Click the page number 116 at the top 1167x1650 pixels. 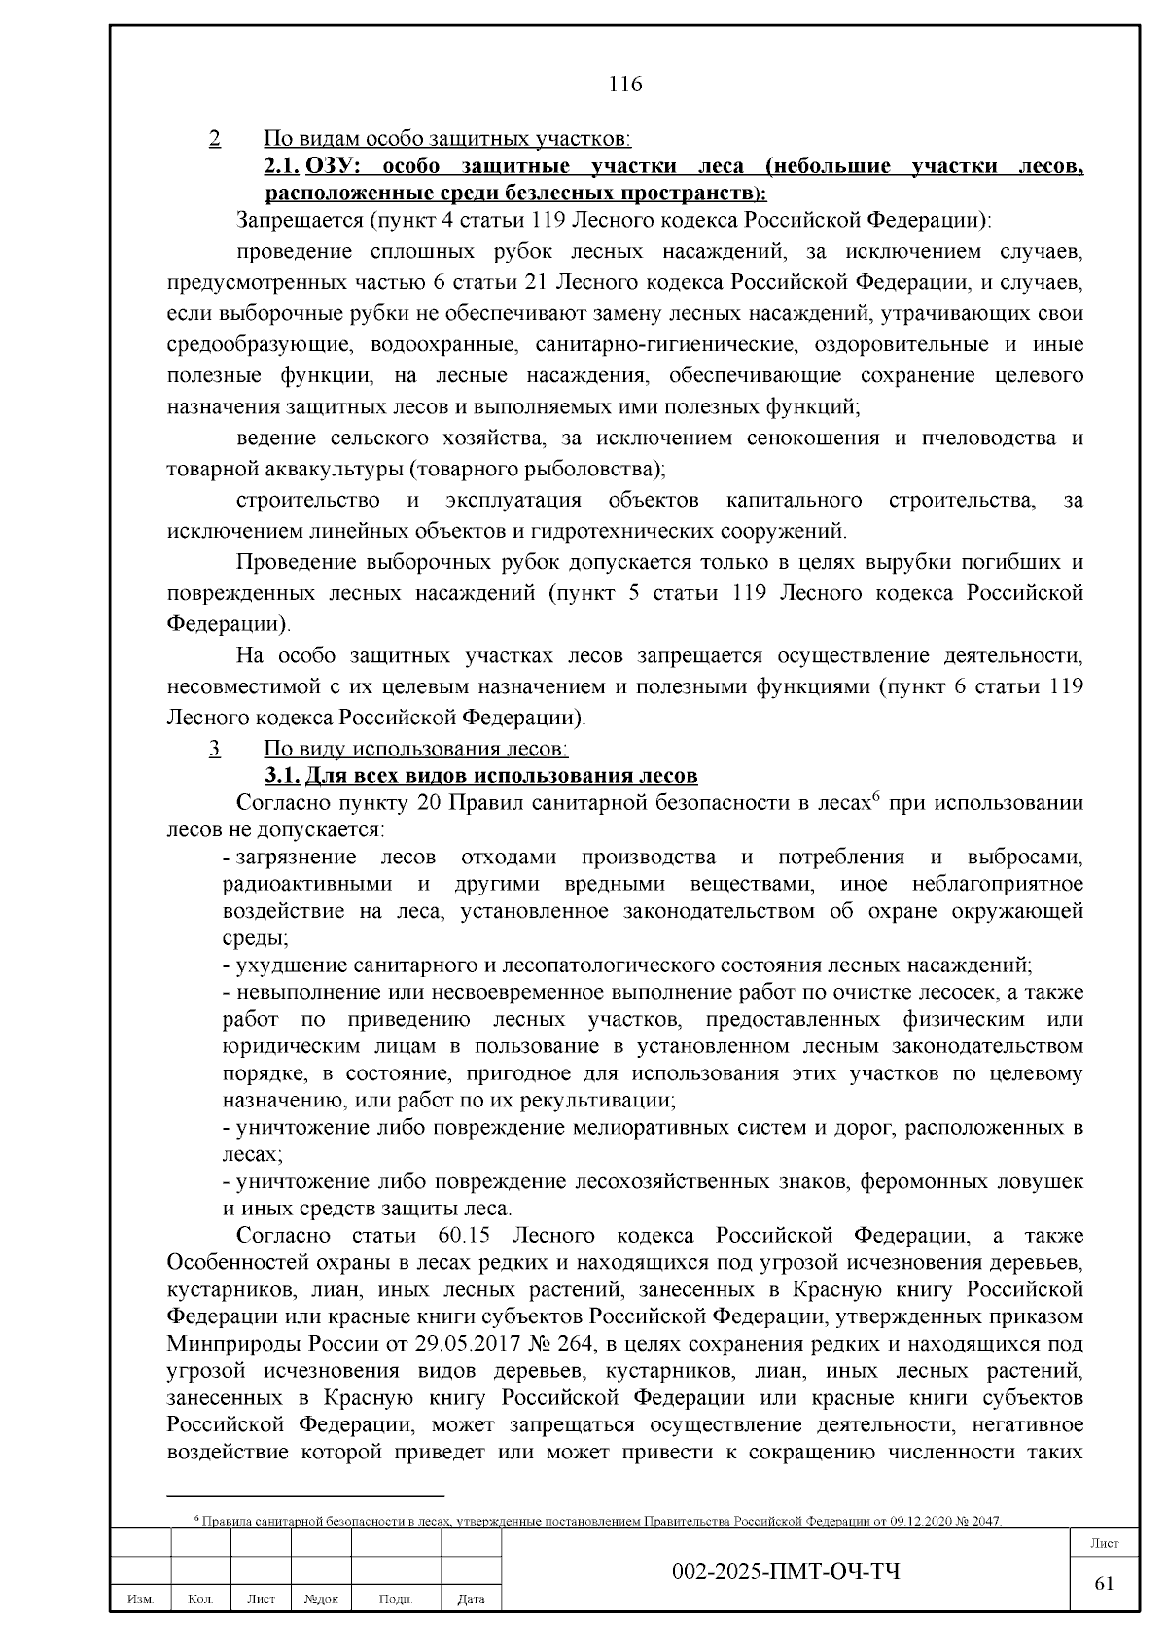click(x=624, y=85)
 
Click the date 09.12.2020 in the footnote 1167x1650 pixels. click(x=908, y=1520)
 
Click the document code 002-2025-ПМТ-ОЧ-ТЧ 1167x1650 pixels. click(x=786, y=1572)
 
